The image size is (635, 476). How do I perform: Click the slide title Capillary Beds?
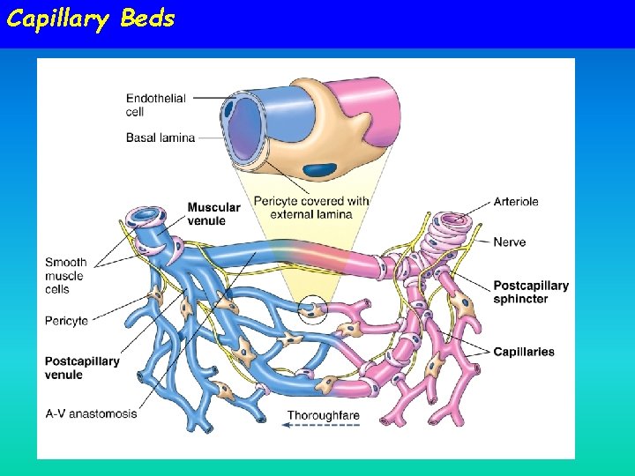coord(91,19)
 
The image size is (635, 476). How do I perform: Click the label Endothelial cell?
coord(155,105)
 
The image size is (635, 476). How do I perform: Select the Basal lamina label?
coord(160,138)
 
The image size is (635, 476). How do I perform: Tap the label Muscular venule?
coord(213,213)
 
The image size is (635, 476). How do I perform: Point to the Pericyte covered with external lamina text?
coord(311,207)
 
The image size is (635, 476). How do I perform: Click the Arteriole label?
coord(516,202)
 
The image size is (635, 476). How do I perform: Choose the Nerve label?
coord(509,242)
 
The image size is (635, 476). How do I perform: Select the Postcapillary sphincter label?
coord(531,292)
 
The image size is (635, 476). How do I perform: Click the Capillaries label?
coord(524,352)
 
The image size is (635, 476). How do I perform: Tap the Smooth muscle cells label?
coord(66,276)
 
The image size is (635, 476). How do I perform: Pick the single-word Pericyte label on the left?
coord(66,321)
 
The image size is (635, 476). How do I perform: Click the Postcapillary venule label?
coord(82,368)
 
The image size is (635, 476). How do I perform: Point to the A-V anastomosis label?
coord(91,413)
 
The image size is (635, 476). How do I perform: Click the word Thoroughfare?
coord(324,415)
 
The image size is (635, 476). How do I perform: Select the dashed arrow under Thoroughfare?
coord(322,426)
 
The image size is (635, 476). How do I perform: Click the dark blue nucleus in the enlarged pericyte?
coord(319,168)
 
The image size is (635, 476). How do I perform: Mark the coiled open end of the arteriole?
coord(452,219)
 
